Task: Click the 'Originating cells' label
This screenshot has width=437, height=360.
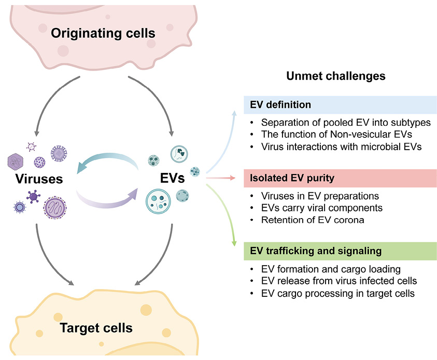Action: (103, 34)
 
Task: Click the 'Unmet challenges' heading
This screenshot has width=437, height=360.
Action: (336, 76)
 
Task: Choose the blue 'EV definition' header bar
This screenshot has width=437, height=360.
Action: (341, 105)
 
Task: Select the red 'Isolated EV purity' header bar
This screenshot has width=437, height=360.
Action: (341, 178)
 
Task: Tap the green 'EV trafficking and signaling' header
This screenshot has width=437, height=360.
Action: (341, 251)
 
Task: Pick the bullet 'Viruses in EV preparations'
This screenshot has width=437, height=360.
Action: (319, 196)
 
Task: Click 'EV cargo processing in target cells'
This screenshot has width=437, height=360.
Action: (337, 293)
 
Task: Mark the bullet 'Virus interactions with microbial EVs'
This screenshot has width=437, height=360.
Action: (341, 147)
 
